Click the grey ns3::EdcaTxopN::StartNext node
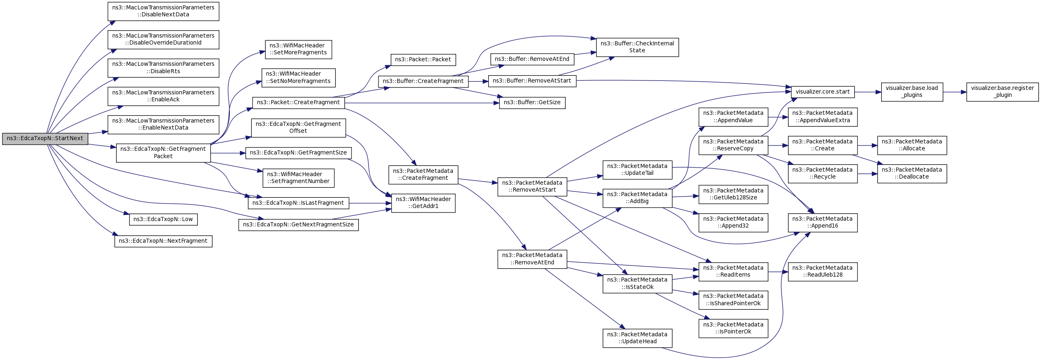click(x=45, y=139)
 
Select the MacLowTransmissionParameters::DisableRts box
click(x=163, y=68)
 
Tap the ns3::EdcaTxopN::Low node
click(x=163, y=219)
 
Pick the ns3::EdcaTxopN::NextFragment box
click(x=163, y=241)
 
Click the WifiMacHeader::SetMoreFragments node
click(x=298, y=49)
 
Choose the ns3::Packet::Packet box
click(x=423, y=60)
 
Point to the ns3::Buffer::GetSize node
click(x=532, y=103)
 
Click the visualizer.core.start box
click(x=823, y=92)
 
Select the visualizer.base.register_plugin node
click(x=1003, y=92)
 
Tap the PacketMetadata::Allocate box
click(x=912, y=145)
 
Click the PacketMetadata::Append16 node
click(x=823, y=223)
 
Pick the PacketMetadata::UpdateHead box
click(x=638, y=338)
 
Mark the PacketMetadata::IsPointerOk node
click(x=733, y=329)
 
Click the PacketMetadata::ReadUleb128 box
click(x=823, y=272)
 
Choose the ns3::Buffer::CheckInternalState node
click(x=638, y=47)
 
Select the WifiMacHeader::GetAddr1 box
click(x=423, y=203)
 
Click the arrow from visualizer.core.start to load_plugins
click(x=868, y=92)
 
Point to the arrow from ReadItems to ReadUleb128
click(x=778, y=272)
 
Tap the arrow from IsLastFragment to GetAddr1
click(x=370, y=203)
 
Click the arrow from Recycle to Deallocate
click(x=867, y=174)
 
